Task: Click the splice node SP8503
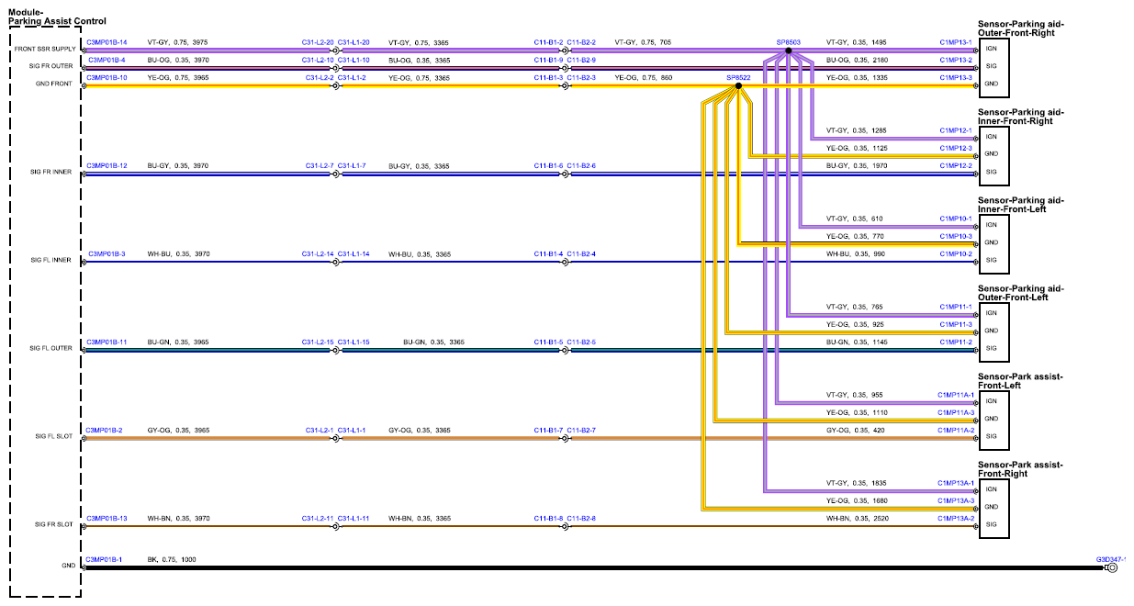(x=788, y=50)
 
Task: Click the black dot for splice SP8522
(x=738, y=86)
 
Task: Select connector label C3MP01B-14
(x=107, y=42)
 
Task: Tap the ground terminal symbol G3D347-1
(x=1112, y=568)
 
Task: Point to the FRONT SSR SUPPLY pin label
(x=45, y=49)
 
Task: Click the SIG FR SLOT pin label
(x=53, y=524)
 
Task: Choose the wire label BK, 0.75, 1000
(x=172, y=559)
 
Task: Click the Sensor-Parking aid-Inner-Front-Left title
(x=1021, y=205)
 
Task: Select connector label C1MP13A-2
(x=956, y=519)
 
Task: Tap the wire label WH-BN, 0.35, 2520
(x=858, y=519)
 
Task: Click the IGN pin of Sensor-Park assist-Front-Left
(x=992, y=401)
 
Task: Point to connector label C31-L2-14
(x=318, y=254)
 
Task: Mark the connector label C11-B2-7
(x=581, y=431)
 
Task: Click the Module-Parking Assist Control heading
(x=57, y=17)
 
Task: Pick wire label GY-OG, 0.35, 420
(x=856, y=431)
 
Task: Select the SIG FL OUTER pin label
(x=51, y=348)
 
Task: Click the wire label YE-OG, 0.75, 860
(x=644, y=78)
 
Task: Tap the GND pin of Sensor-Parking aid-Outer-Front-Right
(x=992, y=84)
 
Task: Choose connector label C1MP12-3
(x=956, y=149)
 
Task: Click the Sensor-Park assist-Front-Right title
(x=1020, y=469)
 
